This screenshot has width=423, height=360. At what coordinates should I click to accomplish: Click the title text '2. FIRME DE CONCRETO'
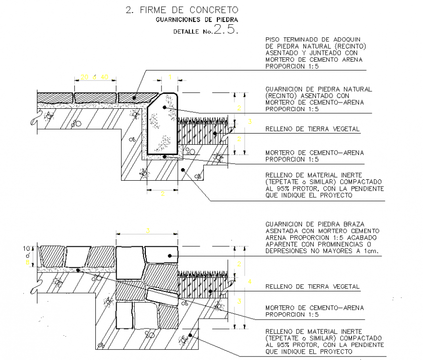coord(182,10)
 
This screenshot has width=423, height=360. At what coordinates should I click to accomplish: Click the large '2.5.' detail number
coord(225,30)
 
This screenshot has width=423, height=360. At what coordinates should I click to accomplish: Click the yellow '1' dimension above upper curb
coord(170,77)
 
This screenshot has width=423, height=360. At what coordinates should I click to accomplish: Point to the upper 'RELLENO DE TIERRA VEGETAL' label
coord(312,129)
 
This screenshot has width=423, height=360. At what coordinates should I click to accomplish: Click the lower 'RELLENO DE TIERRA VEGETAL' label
coord(312,287)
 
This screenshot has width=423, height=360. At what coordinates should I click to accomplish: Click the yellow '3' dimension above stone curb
coord(148,230)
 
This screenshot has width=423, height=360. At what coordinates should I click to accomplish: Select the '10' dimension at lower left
coord(27,248)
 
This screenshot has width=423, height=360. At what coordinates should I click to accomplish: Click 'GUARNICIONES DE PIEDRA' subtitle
coord(197,20)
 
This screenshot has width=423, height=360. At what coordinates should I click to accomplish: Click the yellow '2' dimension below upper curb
coord(162,193)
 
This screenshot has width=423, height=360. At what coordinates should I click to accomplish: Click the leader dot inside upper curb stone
coord(165,107)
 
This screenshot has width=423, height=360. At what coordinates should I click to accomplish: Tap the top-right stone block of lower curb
coord(161,256)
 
